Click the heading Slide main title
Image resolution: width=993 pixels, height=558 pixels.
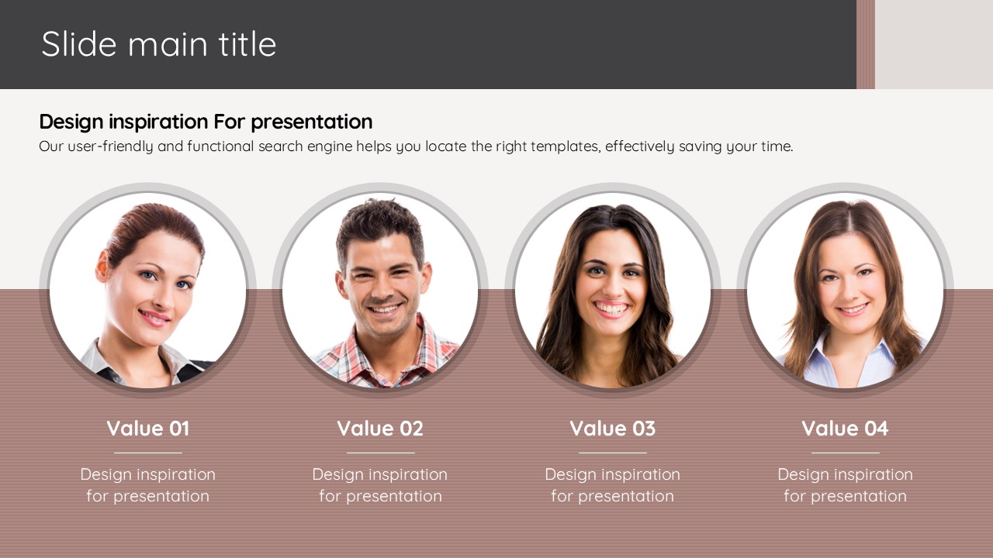(159, 44)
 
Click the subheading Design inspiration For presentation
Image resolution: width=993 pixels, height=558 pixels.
(206, 122)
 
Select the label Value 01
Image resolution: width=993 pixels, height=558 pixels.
(148, 429)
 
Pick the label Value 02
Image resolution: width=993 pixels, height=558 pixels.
(380, 429)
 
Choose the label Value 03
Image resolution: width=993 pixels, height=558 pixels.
(613, 429)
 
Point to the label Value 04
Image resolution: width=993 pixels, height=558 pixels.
(845, 429)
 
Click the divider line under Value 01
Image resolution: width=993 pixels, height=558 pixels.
(148, 453)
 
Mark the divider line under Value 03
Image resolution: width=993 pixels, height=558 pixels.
(613, 453)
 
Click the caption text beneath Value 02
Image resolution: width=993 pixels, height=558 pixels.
(380, 485)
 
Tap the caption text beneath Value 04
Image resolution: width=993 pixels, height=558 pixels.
(845, 485)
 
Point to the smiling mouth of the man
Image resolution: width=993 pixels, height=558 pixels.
(385, 308)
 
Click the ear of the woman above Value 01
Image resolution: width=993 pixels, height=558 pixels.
(102, 266)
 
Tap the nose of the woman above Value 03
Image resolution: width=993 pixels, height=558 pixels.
(611, 287)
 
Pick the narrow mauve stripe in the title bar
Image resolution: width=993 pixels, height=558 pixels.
(865, 44)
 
